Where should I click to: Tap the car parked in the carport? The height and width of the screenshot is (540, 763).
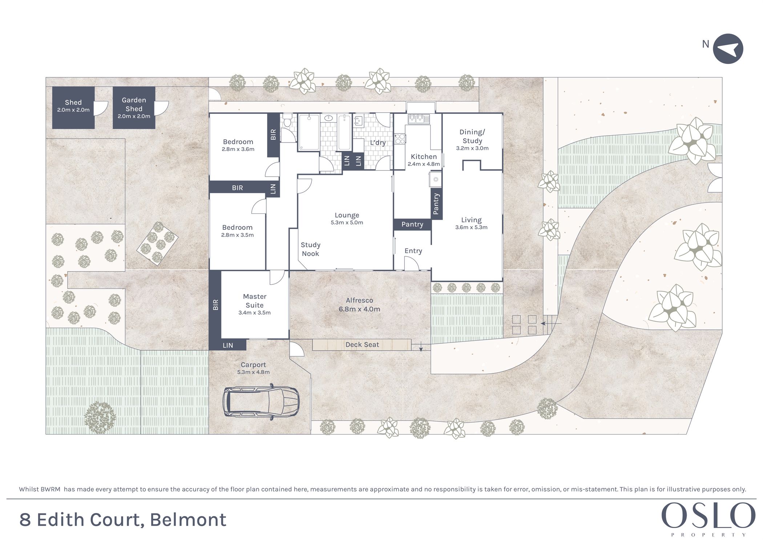tap(261, 402)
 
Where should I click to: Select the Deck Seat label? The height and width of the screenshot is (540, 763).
tap(362, 344)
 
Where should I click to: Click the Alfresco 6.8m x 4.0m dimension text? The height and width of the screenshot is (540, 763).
tap(359, 309)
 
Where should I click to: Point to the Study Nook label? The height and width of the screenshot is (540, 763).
tap(310, 249)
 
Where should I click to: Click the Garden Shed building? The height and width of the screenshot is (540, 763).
tap(134, 108)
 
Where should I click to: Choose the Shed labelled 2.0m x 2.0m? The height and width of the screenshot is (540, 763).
tap(73, 108)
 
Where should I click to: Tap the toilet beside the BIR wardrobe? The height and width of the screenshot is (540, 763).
tap(287, 120)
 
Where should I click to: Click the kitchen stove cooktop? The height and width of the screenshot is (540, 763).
tap(400, 139)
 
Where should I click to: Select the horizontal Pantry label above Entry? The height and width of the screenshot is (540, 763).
tap(412, 224)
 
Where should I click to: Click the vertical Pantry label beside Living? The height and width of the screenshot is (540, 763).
tap(436, 204)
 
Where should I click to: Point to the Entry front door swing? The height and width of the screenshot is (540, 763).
tap(411, 263)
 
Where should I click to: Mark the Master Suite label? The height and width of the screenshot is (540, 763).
tap(254, 301)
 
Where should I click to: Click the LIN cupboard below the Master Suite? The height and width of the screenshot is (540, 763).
tap(228, 345)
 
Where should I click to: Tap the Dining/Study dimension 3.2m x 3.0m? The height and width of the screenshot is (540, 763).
tap(472, 148)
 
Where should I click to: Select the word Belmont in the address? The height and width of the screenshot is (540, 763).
tap(188, 520)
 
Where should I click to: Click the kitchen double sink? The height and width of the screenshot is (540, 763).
tap(419, 119)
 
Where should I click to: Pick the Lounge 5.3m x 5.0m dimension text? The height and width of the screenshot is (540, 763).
tap(347, 223)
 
